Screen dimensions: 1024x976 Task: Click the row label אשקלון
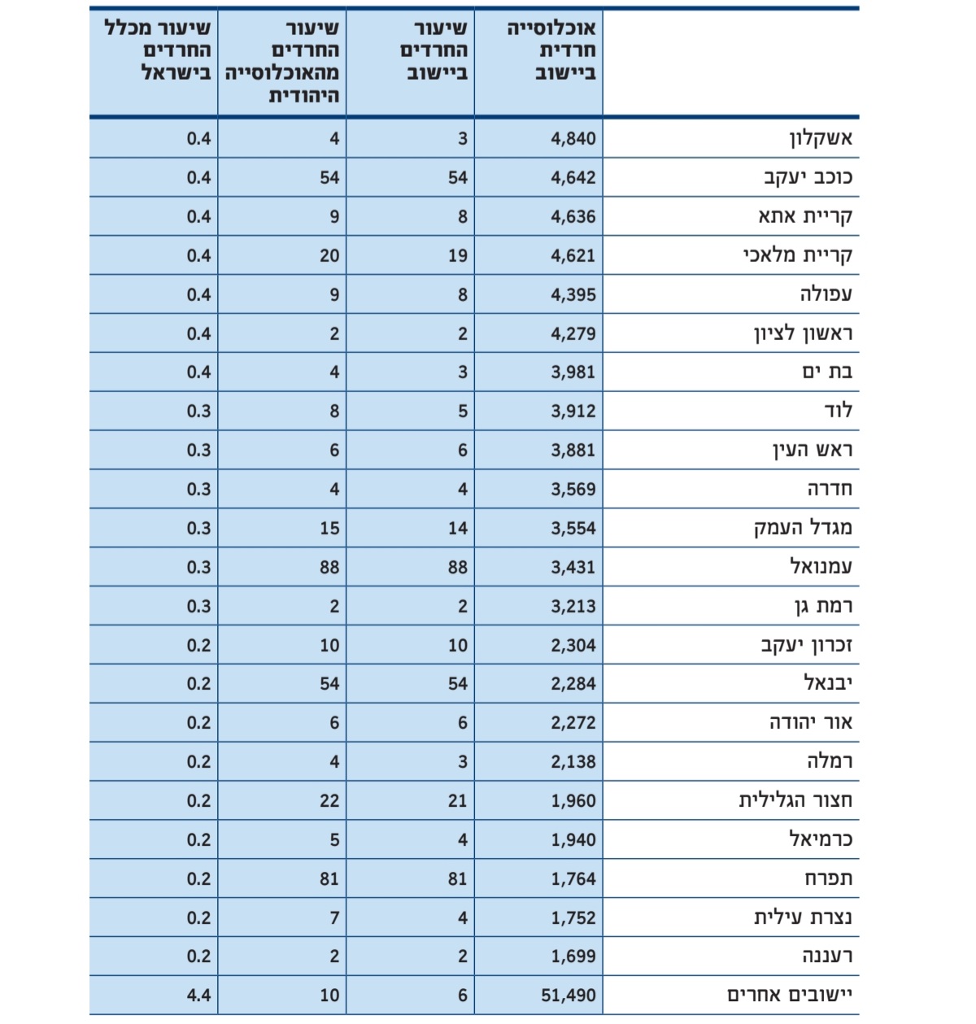[821, 138]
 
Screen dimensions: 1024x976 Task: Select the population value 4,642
[573, 177]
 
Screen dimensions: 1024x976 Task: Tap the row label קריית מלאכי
[797, 255]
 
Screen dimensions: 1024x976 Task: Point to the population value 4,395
[573, 294]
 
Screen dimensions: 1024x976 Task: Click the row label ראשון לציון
[803, 333]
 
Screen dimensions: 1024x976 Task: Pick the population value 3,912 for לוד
[573, 412]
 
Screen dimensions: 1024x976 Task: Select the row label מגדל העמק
[803, 528]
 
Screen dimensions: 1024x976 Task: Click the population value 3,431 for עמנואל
[573, 567]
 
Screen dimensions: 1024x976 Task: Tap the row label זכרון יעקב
[806, 645]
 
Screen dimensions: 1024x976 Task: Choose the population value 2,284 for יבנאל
[573, 684]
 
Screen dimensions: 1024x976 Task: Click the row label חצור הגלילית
[795, 800]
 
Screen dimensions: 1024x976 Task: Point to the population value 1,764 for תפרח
[573, 878]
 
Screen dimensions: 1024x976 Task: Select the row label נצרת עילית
[803, 917]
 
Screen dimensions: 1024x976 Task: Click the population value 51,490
[569, 995]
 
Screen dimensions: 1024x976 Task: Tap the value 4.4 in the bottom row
[198, 995]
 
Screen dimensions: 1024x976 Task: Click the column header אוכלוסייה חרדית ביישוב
[553, 50]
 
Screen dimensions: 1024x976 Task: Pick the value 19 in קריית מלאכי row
[458, 255]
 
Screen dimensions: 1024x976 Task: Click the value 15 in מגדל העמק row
[329, 528]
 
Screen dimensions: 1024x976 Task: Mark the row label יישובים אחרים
[790, 995]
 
